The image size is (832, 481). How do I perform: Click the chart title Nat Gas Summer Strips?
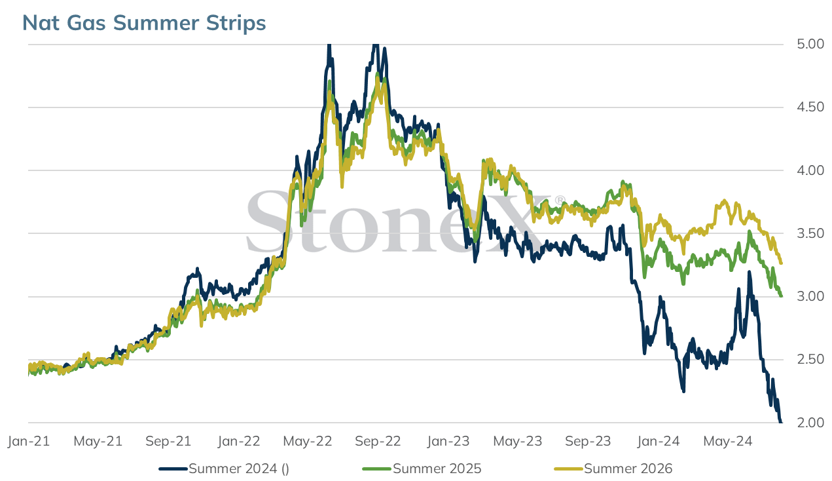[144, 23]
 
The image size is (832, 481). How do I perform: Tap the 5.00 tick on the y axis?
[810, 45]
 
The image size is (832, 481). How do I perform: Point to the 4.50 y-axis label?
[810, 107]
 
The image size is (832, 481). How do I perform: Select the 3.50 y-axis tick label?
[810, 233]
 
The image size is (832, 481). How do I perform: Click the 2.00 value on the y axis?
[810, 423]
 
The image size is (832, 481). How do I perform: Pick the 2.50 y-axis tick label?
[810, 360]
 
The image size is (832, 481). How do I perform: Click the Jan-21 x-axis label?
[29, 441]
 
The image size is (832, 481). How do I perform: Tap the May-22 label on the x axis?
[308, 441]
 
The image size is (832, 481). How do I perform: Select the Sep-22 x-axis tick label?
[378, 441]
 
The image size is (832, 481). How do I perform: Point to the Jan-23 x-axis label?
[448, 441]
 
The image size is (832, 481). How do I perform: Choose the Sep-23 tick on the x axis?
[588, 441]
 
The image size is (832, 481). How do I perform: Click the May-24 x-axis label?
[728, 441]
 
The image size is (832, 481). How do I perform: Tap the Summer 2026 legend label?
[628, 469]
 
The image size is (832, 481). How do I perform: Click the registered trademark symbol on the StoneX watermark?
[560, 200]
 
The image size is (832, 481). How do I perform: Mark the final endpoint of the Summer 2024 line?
[781, 422]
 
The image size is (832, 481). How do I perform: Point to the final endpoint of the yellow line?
[782, 263]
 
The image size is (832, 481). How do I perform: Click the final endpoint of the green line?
[781, 296]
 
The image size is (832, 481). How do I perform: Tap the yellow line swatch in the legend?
[568, 469]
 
